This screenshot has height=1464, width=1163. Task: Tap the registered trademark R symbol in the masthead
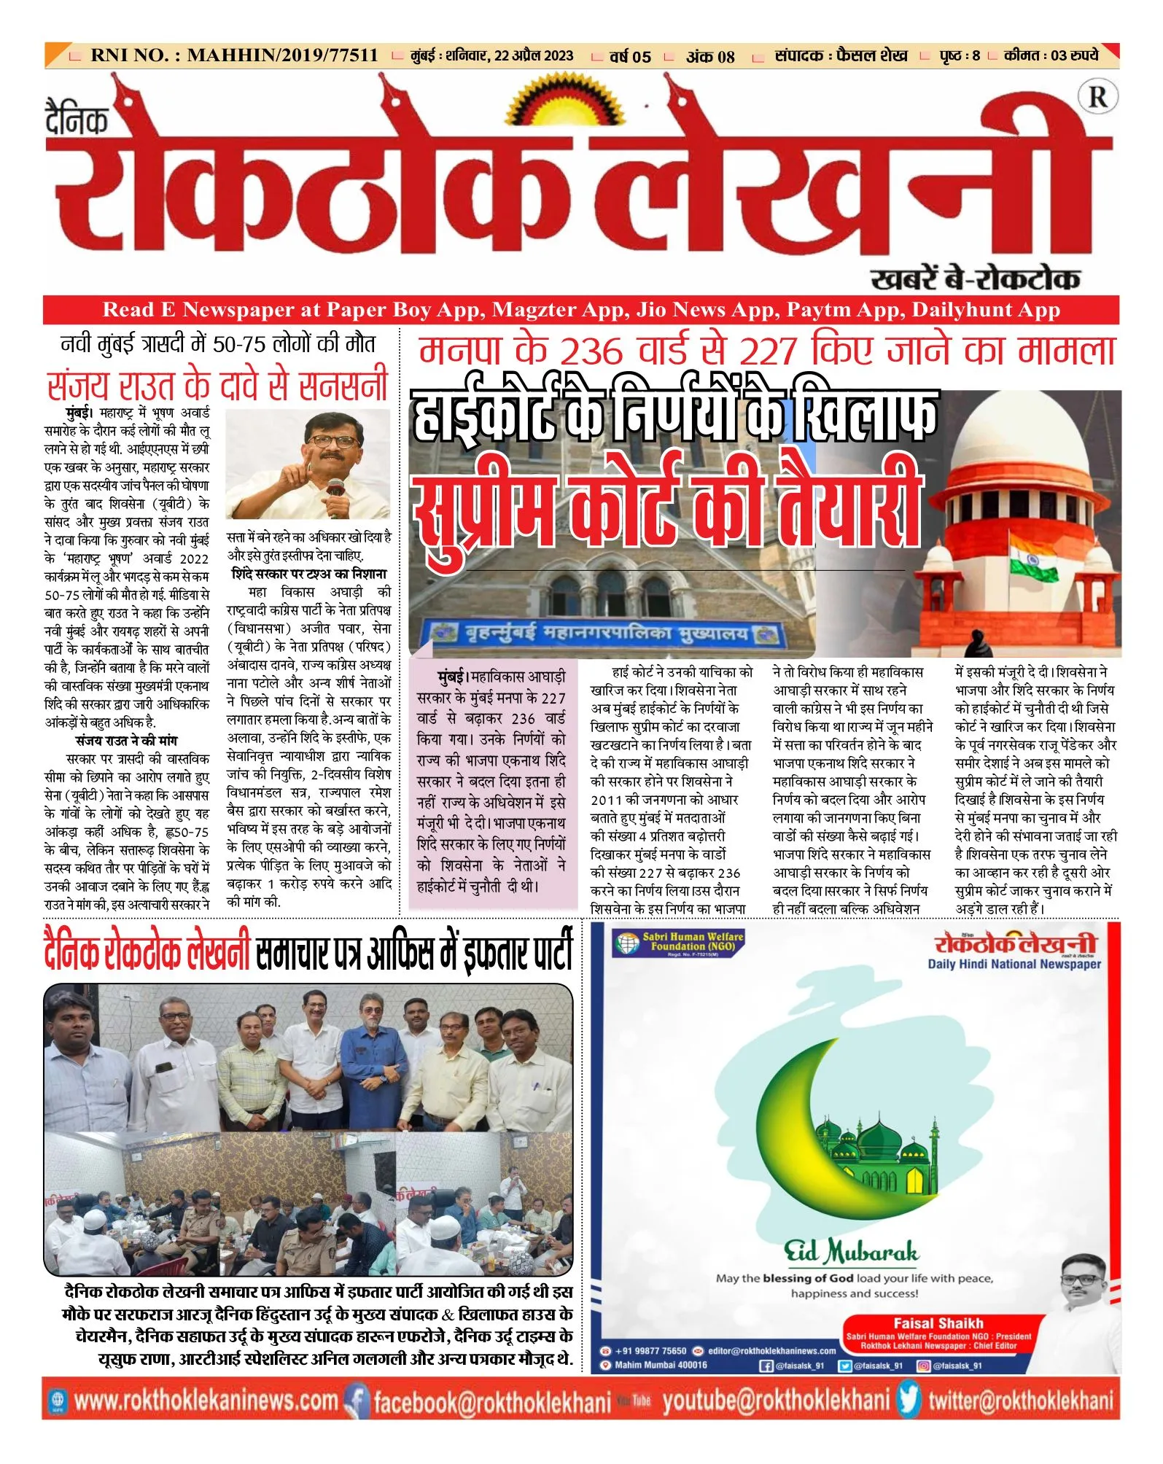pos(1097,97)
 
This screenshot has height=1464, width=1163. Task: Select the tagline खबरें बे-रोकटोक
pos(975,279)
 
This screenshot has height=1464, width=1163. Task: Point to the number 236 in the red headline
pos(590,351)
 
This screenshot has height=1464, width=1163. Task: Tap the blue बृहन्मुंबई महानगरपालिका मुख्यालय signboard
pos(602,634)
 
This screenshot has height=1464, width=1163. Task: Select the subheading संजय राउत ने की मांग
pos(126,741)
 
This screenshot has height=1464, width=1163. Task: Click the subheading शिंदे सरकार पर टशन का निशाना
pos(309,574)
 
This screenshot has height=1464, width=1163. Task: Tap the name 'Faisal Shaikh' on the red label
pos(938,1323)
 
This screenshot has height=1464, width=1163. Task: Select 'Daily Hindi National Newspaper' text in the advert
pos(1014,964)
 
